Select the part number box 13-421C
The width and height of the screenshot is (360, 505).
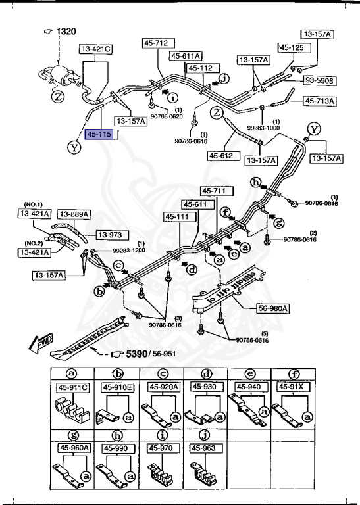[96, 49]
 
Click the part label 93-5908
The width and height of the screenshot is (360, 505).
[320, 80]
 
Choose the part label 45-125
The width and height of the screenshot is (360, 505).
[292, 47]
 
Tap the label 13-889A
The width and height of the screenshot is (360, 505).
[74, 214]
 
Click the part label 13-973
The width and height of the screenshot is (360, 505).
[111, 234]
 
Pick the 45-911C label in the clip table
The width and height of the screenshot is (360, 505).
[72, 387]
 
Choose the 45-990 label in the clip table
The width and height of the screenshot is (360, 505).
[116, 448]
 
